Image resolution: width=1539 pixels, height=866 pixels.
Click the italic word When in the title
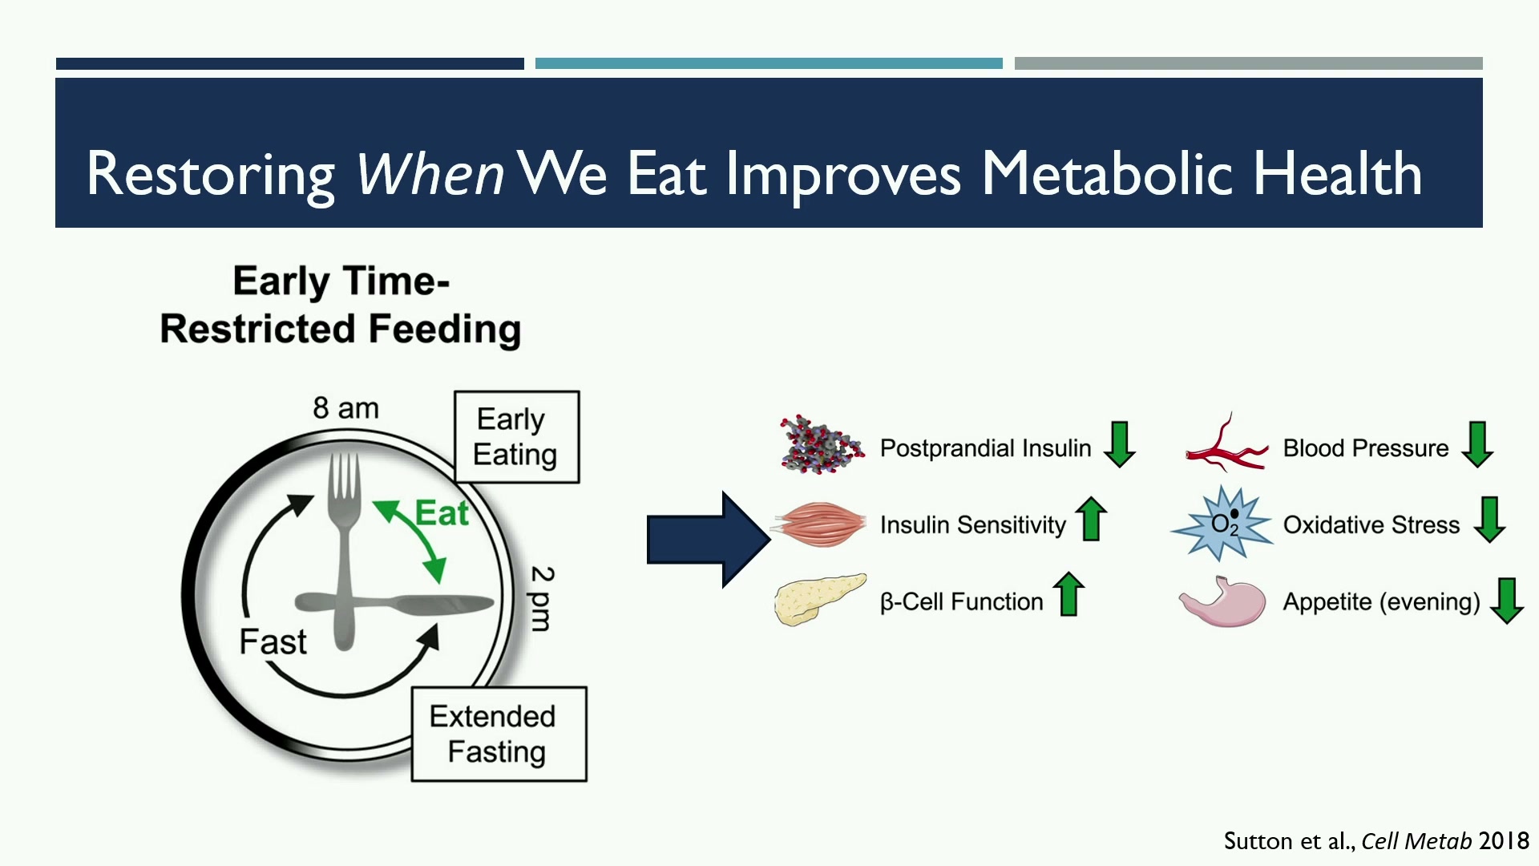(x=430, y=173)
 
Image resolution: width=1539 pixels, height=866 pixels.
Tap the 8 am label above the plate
(x=345, y=408)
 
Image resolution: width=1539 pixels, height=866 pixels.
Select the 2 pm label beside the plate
(x=543, y=598)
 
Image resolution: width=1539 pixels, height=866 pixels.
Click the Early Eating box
(x=516, y=437)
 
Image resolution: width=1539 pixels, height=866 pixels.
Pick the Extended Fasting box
(x=499, y=734)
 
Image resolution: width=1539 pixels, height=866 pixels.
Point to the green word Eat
(x=442, y=513)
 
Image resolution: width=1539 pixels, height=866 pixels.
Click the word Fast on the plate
(x=273, y=641)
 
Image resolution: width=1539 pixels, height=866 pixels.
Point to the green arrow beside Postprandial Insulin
(x=1119, y=444)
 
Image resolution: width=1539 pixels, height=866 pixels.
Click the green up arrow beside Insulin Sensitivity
(x=1091, y=519)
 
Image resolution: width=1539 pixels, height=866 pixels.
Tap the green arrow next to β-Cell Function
(x=1068, y=594)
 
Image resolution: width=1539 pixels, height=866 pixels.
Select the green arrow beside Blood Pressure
(x=1477, y=444)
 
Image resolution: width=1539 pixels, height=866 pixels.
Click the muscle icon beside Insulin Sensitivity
(x=819, y=525)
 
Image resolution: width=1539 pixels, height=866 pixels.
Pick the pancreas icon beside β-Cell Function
(x=819, y=599)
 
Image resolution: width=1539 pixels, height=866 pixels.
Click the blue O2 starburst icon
(x=1222, y=524)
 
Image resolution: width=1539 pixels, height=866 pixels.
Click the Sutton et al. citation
(x=1376, y=840)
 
